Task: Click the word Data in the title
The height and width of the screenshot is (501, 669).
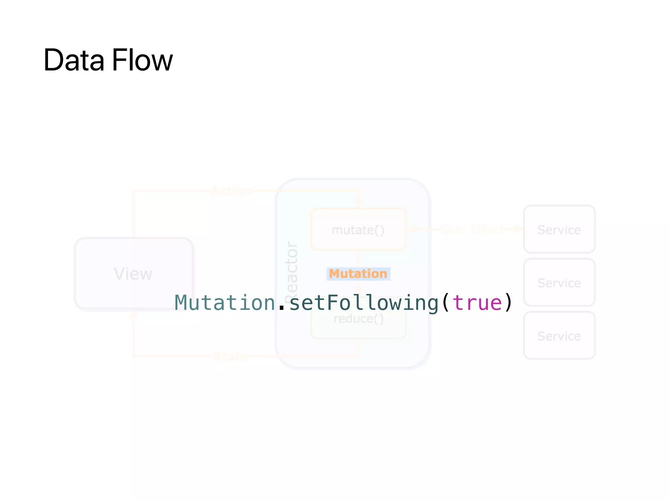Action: point(74,60)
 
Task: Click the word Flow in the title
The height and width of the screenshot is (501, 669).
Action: point(142,60)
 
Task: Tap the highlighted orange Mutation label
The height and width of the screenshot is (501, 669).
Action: point(358,274)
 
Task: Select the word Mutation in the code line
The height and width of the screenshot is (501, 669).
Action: point(225,303)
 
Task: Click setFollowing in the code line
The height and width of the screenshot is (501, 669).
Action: point(364,303)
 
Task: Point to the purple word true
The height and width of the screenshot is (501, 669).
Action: point(477,303)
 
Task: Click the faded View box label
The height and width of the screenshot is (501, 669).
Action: point(133,274)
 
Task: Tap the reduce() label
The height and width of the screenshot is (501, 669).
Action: point(358,319)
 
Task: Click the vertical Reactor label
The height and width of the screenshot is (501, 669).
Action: point(291,271)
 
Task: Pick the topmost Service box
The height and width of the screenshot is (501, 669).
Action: point(559,230)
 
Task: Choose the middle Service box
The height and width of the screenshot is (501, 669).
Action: point(559,283)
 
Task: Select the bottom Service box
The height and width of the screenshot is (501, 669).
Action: point(559,336)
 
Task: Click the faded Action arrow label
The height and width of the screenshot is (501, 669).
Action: point(231,191)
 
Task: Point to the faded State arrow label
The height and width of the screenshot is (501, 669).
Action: point(231,356)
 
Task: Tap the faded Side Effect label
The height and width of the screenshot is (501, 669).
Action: point(472,229)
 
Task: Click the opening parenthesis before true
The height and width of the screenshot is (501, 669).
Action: point(445,303)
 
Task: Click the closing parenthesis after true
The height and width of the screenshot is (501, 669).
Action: point(508,303)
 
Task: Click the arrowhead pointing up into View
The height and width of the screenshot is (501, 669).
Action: point(134,315)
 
